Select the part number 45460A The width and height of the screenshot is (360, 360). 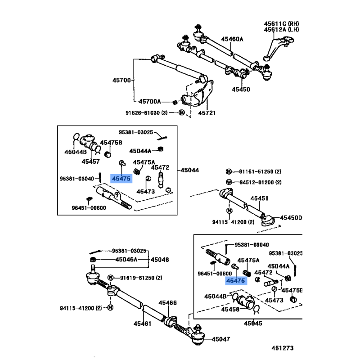pyautogui.click(x=232, y=39)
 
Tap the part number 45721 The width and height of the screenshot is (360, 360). pyautogui.click(x=207, y=113)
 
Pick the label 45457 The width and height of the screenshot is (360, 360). pyautogui.click(x=90, y=161)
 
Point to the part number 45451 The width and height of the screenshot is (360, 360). pyautogui.click(x=259, y=198)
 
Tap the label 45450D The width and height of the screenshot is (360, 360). pyautogui.click(x=291, y=218)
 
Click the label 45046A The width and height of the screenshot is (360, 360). pyautogui.click(x=126, y=260)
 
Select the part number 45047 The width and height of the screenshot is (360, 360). pyautogui.click(x=220, y=339)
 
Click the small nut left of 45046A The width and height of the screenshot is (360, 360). pyautogui.click(x=93, y=260)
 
